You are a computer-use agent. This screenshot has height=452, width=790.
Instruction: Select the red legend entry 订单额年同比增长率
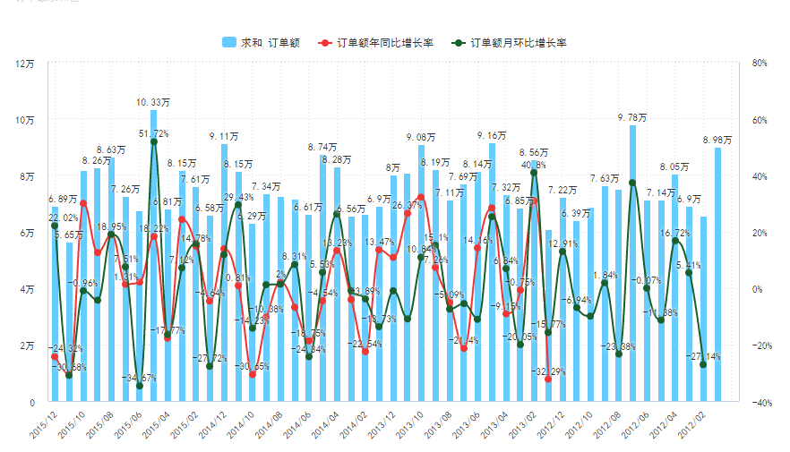[377, 42]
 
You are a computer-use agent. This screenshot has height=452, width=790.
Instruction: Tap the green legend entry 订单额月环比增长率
[511, 42]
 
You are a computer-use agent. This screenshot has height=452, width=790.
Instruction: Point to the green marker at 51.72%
[154, 141]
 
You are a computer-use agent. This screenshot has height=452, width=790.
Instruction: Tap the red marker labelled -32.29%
[548, 380]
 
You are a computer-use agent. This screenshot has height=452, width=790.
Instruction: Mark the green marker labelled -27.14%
[703, 364]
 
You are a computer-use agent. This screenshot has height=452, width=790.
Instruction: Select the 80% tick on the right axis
[760, 64]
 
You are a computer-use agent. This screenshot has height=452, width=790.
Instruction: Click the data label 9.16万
[492, 135]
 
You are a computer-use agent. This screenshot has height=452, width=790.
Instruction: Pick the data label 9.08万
[420, 137]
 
